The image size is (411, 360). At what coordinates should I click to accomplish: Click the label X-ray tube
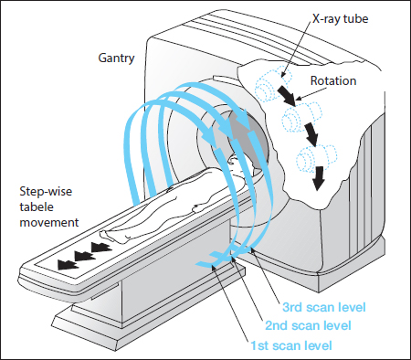(x=341, y=19)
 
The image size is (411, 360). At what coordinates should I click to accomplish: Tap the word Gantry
(x=116, y=58)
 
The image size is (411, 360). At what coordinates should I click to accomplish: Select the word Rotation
(x=333, y=80)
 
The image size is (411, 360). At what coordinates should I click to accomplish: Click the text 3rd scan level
(x=324, y=307)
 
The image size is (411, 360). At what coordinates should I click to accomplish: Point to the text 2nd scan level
(x=308, y=325)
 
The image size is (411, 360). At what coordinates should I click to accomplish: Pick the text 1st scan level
(x=291, y=345)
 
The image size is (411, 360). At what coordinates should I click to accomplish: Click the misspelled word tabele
(x=37, y=206)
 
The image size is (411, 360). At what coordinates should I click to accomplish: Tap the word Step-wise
(x=46, y=192)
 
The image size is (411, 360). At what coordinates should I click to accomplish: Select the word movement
(x=49, y=222)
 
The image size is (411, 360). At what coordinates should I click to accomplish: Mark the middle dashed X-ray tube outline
(x=301, y=118)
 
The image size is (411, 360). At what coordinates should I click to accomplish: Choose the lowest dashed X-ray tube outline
(x=317, y=158)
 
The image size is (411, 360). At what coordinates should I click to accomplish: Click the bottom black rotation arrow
(x=319, y=178)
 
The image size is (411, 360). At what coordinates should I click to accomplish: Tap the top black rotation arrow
(x=286, y=95)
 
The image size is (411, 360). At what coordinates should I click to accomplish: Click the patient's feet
(x=108, y=236)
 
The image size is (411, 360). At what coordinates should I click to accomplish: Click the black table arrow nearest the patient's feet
(x=101, y=248)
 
